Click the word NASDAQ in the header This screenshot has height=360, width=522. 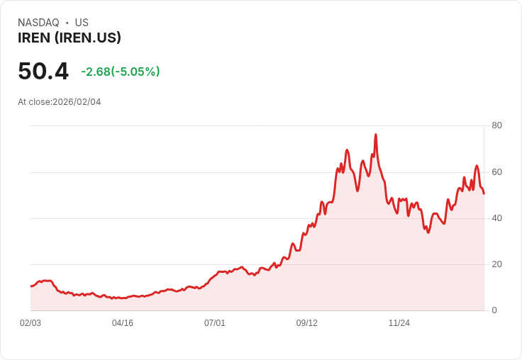click(38, 23)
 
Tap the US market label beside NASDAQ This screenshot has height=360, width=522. click(82, 23)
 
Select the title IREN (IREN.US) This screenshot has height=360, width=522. click(70, 38)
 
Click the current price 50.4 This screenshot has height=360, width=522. click(43, 72)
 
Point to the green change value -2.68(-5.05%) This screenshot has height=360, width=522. click(121, 72)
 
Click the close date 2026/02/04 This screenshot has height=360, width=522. click(77, 102)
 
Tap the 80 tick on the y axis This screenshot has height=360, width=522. click(496, 125)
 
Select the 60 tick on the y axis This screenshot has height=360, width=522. click(496, 171)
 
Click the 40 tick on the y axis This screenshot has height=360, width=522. click(496, 218)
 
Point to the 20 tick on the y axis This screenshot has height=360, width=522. click(496, 264)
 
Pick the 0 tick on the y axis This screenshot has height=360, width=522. click(494, 310)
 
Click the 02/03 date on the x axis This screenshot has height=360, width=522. click(30, 323)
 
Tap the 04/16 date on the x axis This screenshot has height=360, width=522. click(123, 323)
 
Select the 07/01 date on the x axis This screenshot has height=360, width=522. click(215, 323)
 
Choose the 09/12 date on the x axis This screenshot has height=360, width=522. click(307, 323)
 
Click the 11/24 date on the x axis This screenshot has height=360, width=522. click(399, 323)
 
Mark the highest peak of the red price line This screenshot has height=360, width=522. click(375, 135)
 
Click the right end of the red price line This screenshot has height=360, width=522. click(484, 193)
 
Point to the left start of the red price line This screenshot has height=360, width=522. click(31, 286)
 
